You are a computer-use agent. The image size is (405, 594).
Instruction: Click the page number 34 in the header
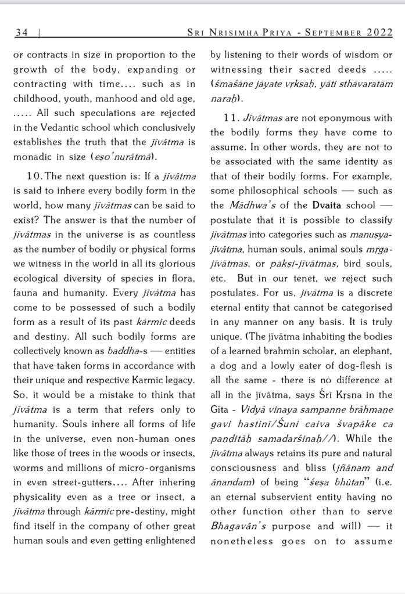pyautogui.click(x=22, y=33)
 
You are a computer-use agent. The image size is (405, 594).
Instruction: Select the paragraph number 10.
pyautogui.click(x=35, y=176)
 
